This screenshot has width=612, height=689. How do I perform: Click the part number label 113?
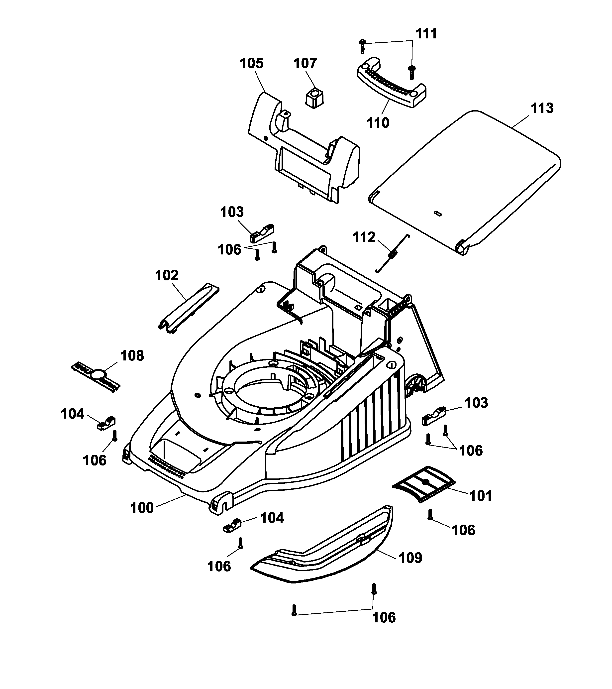click(542, 109)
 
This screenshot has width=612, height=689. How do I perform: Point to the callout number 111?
click(426, 34)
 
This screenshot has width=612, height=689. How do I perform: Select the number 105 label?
click(251, 63)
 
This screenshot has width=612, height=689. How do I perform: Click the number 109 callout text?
click(410, 558)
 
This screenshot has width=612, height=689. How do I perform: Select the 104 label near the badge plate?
click(73, 414)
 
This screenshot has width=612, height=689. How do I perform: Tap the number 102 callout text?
click(167, 275)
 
